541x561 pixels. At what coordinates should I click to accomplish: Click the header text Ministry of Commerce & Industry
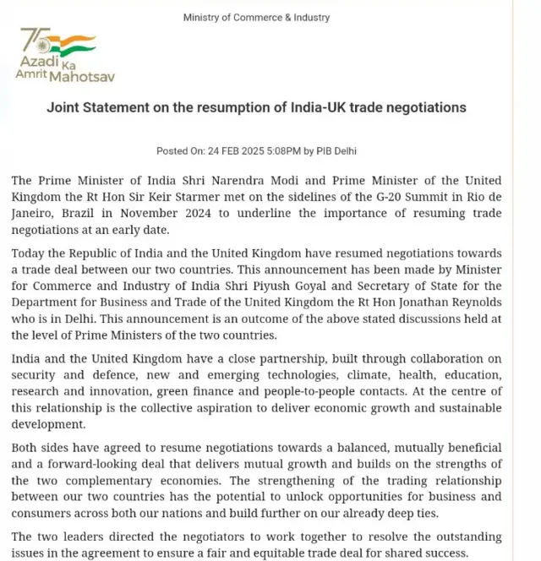point(257,17)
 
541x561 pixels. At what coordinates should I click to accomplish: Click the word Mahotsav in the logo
point(83,76)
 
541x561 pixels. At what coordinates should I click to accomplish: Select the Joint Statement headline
point(257,108)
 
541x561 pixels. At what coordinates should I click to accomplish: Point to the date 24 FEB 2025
point(233,151)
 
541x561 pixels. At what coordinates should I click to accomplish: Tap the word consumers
point(43,513)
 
